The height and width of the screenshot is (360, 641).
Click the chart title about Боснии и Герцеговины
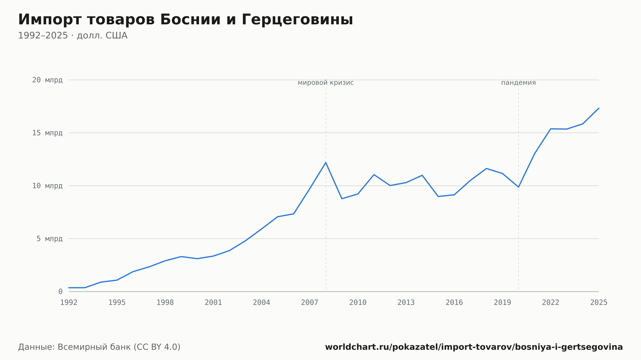[x=186, y=20]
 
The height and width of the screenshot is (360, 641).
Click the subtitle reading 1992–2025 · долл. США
[x=73, y=36]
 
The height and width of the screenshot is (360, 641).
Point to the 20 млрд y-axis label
[x=47, y=80]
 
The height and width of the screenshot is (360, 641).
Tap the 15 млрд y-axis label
[x=47, y=133]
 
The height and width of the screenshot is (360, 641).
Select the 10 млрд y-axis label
[x=47, y=186]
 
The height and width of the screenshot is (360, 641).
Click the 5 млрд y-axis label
[x=49, y=239]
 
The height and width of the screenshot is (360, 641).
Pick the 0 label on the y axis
[x=61, y=291]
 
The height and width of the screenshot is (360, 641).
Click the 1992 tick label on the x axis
[x=69, y=303]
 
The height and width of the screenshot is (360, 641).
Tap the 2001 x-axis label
[x=213, y=303]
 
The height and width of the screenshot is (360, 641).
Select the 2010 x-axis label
[x=358, y=303]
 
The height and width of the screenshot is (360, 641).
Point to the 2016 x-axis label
[x=454, y=303]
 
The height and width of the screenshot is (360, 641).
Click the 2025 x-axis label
[x=599, y=303]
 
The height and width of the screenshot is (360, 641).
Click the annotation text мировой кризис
[x=326, y=83]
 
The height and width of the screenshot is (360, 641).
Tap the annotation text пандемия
[x=519, y=83]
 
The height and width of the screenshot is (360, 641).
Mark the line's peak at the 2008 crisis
[x=326, y=162]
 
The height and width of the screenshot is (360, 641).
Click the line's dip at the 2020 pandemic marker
[x=519, y=187]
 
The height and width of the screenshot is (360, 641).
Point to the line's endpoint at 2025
[x=599, y=108]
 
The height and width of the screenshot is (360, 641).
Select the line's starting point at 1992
[x=69, y=288]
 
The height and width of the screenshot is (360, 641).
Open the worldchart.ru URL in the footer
[x=474, y=347]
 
